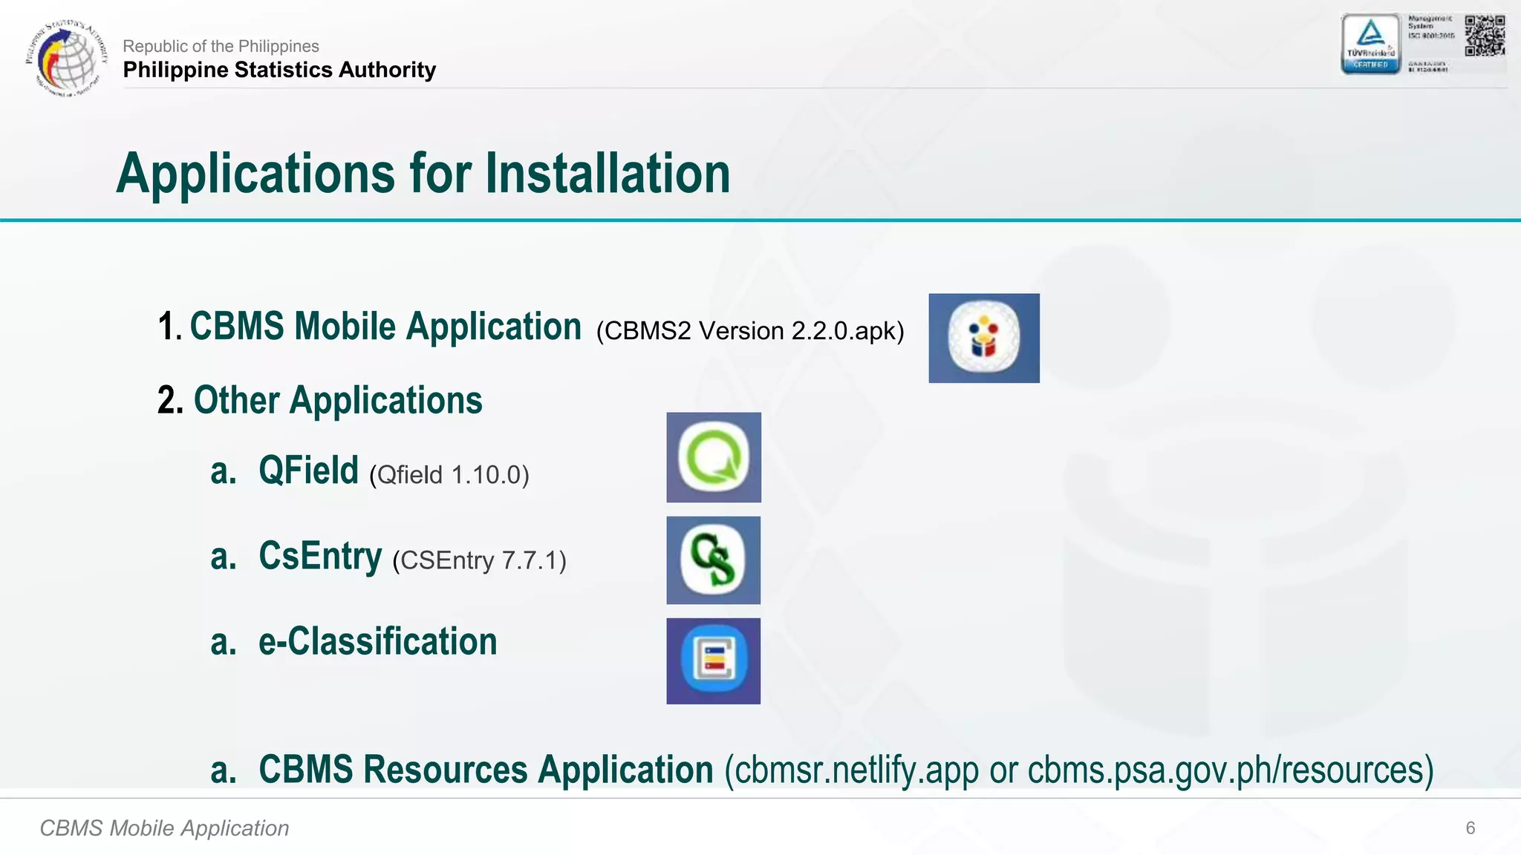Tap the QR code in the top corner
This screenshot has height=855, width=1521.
coord(1485,36)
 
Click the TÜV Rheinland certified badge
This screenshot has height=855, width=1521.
coord(1370,45)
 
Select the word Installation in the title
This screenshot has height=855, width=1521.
coord(608,174)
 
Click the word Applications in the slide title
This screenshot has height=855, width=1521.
coord(255,174)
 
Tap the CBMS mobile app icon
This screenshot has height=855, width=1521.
coord(984,338)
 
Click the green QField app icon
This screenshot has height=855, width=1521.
coord(714,457)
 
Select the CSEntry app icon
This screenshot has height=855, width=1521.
coord(714,560)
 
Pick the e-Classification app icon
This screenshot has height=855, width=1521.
coord(714,661)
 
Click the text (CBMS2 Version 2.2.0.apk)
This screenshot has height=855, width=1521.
coord(750,331)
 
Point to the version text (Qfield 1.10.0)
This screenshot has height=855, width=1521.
coord(449,475)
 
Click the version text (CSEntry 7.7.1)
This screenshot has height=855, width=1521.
coord(479,560)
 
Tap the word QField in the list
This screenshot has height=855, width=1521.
coord(308,471)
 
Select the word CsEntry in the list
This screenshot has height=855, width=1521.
coord(320,556)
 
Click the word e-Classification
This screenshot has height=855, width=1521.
coord(377,642)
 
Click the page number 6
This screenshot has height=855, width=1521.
coord(1470,828)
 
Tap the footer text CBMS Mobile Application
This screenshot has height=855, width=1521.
coord(164,828)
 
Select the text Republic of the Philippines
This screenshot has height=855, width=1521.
coord(221,46)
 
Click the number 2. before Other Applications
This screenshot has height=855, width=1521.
coord(170,401)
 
